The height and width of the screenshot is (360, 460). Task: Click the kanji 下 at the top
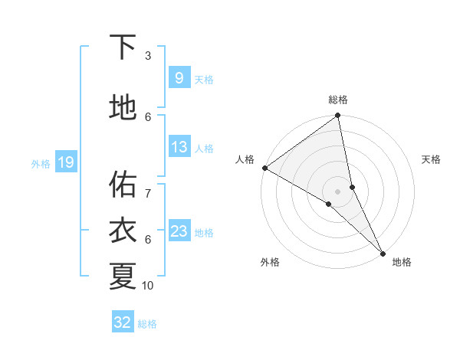[123, 47]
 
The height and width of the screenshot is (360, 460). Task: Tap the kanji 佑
[123, 184]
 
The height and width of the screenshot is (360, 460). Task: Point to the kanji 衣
[123, 231]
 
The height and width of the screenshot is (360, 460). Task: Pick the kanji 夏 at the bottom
[123, 276]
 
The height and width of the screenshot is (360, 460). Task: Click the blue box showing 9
[179, 78]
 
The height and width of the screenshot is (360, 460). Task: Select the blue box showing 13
[179, 148]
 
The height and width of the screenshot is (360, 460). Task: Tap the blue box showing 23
[179, 231]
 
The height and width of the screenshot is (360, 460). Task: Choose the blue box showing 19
[65, 162]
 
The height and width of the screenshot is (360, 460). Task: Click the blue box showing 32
[123, 322]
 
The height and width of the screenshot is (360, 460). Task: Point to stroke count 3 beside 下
[148, 56]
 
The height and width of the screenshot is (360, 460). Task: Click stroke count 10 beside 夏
[148, 286]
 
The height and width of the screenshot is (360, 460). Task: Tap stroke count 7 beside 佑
[148, 186]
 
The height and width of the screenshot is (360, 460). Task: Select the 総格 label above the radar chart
[338, 100]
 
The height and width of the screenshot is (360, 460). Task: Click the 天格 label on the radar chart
[432, 159]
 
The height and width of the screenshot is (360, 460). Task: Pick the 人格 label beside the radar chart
[245, 159]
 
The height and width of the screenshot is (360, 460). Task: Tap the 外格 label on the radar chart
[270, 262]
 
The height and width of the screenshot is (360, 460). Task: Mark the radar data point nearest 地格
[383, 252]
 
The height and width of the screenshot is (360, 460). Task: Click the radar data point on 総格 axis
[338, 116]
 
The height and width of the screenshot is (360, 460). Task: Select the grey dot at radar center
[338, 191]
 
